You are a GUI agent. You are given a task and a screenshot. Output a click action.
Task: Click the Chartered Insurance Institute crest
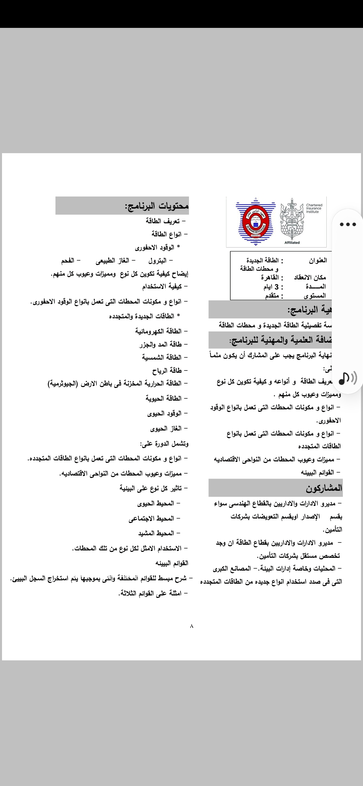point(292,220)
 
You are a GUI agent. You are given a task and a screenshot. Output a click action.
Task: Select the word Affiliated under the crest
point(292,243)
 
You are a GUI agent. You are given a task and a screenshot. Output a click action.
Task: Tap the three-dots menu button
point(348,224)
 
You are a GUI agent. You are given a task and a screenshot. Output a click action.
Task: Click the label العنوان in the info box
point(318,260)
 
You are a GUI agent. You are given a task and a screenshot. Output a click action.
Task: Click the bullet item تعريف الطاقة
point(163,221)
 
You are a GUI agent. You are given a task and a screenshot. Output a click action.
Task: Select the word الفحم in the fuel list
point(68,261)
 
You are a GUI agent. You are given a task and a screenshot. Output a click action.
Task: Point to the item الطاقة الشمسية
point(162,357)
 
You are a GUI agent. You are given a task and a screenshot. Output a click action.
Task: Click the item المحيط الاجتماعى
point(151,519)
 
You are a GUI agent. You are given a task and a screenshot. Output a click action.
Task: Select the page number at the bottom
point(192,626)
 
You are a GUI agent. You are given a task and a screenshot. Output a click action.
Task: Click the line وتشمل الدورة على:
point(165,444)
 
